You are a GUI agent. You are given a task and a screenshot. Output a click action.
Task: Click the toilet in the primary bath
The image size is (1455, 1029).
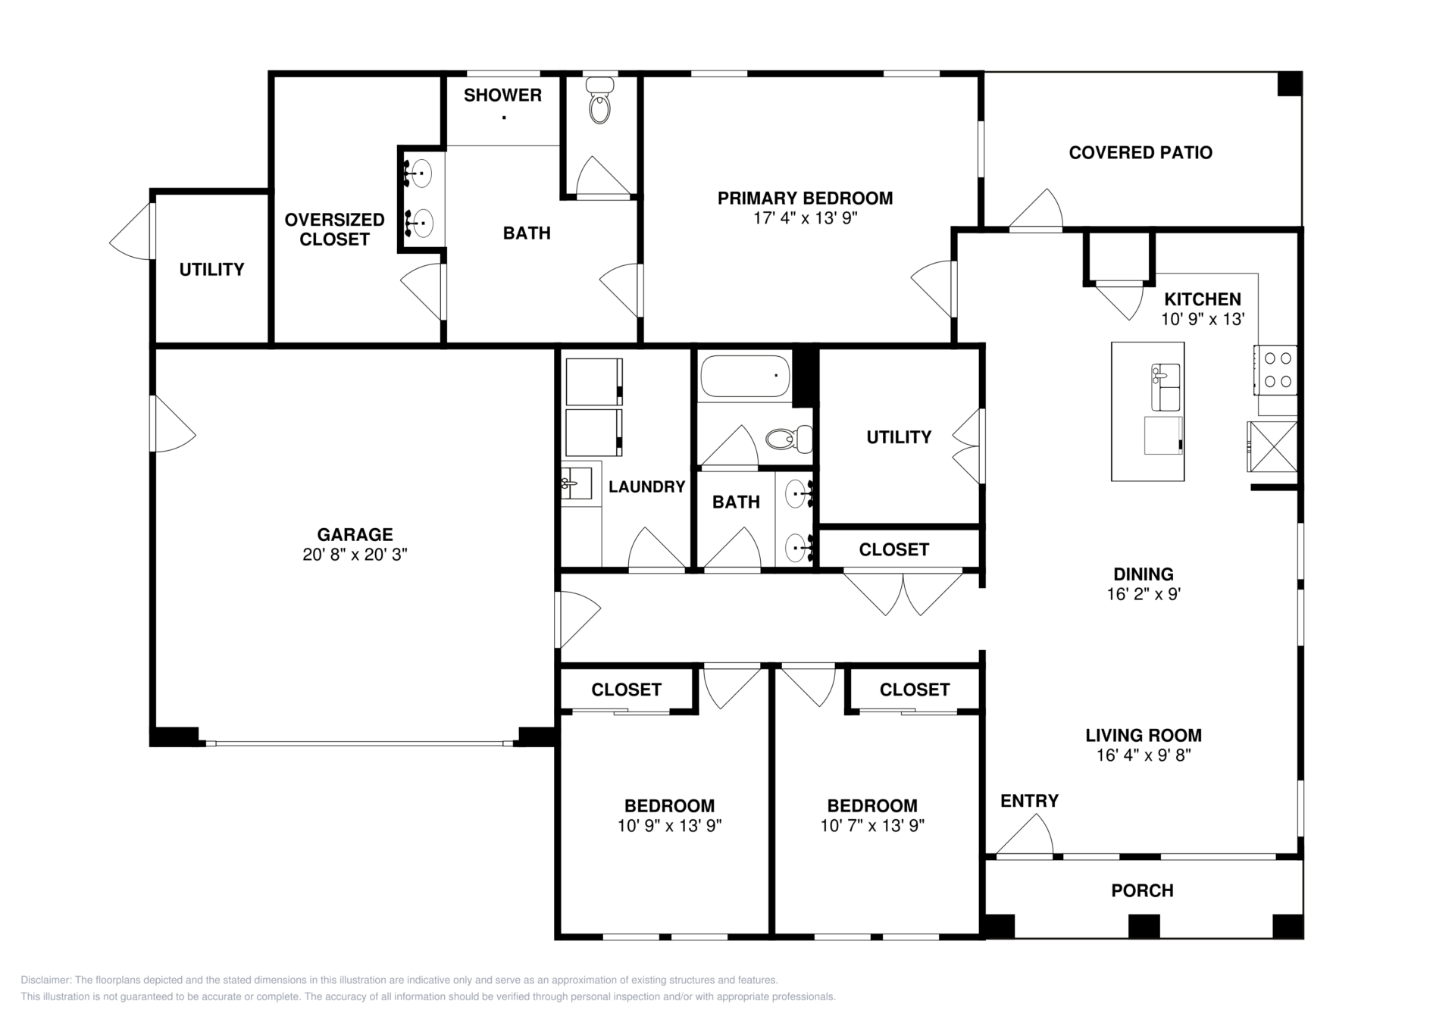point(599,102)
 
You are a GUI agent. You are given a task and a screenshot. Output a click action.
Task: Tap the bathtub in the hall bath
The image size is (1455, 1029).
point(745,377)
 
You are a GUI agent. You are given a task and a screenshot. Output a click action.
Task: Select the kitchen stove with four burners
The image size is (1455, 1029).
point(1275,370)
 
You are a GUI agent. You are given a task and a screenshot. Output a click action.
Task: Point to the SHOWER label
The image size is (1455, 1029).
point(502,95)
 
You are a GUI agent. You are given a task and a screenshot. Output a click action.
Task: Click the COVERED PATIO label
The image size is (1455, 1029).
point(1140,153)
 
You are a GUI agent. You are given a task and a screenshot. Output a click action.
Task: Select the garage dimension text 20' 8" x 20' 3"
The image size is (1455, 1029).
point(355,555)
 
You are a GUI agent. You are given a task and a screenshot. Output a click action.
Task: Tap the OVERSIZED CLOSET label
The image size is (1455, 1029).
point(334,230)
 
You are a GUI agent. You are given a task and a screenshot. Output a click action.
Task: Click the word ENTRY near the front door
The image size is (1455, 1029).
point(1028,801)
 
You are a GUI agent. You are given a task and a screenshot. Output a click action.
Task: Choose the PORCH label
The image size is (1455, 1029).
point(1142,891)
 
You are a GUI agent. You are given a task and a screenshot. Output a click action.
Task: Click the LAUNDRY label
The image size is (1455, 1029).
point(646,487)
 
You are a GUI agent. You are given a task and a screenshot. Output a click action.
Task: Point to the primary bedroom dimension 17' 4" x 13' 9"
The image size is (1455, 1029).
point(805,219)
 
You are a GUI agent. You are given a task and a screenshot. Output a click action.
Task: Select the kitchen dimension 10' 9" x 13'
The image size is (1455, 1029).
point(1203,320)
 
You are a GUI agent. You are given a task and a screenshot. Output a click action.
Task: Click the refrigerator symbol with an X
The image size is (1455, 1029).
point(1272,447)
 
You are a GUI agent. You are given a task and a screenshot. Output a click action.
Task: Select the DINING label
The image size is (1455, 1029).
point(1143,574)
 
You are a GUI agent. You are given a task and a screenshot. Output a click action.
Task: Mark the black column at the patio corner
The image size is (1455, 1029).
point(1289,83)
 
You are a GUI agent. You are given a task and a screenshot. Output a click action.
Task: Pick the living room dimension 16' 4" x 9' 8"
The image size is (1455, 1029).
point(1143,755)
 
